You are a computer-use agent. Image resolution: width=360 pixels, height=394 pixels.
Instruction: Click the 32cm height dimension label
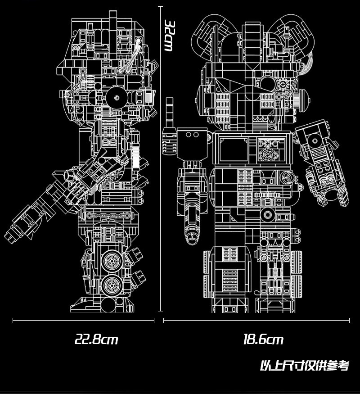click(169, 36)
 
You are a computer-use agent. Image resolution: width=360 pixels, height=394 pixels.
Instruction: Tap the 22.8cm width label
click(96, 340)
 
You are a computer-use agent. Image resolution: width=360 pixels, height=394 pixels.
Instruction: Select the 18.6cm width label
click(263, 340)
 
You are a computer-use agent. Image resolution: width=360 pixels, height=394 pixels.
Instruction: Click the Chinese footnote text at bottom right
click(304, 366)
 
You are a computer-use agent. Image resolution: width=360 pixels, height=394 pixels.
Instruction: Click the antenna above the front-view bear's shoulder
click(170, 113)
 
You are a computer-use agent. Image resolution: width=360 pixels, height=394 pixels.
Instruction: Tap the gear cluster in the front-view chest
click(269, 150)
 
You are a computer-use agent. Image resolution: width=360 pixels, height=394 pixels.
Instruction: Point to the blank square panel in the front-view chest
click(234, 150)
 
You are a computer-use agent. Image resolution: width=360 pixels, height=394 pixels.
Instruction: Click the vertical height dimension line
click(160, 159)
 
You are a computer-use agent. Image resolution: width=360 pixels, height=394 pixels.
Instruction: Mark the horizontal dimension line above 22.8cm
click(83, 320)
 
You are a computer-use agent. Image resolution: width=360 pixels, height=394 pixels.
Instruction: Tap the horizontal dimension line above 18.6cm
click(256, 320)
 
